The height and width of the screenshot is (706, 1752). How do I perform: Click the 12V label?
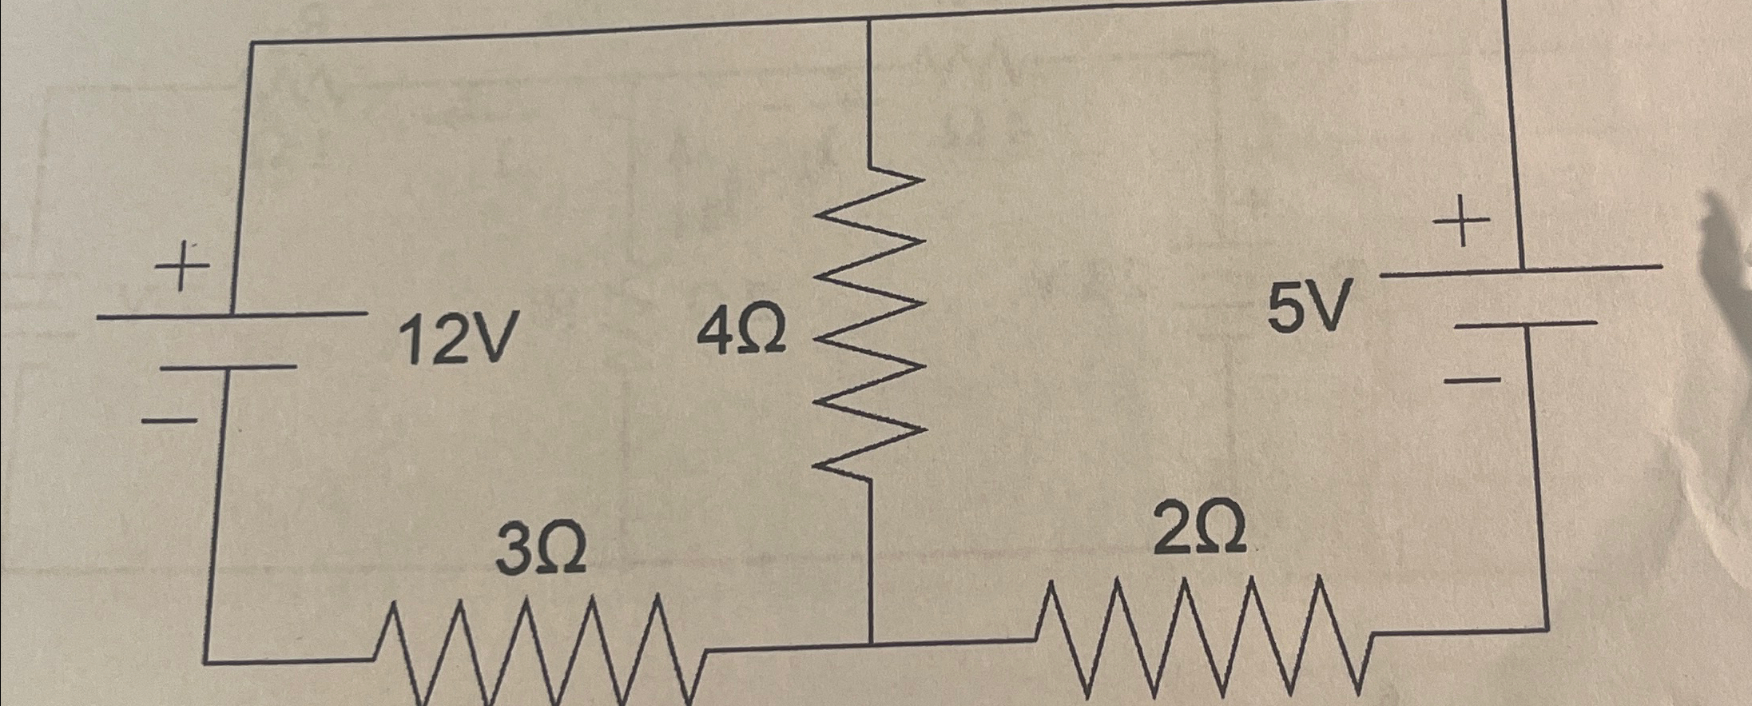(x=457, y=338)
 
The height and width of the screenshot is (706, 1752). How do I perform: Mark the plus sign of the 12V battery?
(x=183, y=266)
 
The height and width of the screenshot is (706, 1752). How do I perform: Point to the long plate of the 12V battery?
(x=232, y=316)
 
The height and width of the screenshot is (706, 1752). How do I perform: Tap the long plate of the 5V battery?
(x=1521, y=270)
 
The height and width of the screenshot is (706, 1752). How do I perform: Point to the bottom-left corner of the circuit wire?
(x=206, y=662)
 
